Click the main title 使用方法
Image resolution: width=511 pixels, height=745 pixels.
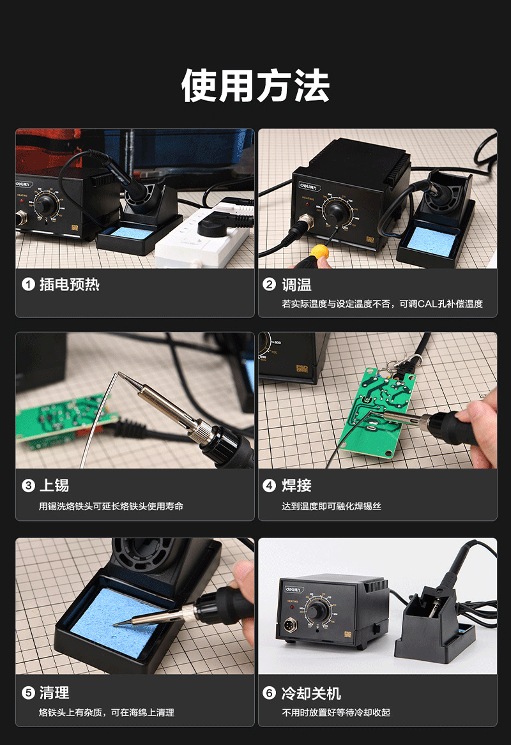256,86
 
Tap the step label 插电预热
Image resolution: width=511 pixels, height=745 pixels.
70,284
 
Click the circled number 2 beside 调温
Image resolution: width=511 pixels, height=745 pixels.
269,284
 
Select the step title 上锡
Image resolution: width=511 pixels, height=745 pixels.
54,485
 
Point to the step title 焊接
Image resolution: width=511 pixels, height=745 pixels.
296,485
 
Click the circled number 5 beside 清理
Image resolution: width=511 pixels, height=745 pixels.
28,693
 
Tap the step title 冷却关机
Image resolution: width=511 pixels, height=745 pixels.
311,693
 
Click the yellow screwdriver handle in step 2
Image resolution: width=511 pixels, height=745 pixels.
320,251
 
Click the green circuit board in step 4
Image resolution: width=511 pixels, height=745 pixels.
379,410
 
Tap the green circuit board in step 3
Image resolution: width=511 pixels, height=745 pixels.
64,421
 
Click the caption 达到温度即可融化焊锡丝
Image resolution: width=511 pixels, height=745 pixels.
332,506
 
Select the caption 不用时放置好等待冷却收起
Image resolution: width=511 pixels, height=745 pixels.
336,712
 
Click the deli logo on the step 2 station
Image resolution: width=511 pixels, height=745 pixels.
310,186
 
